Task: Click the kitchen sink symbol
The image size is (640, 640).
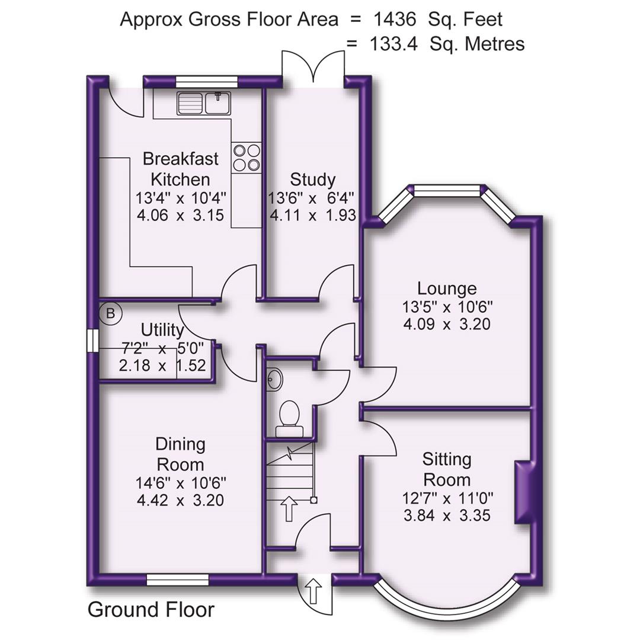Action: (203, 103)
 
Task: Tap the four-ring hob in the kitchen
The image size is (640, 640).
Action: (246, 158)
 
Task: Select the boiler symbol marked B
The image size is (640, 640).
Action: (110, 313)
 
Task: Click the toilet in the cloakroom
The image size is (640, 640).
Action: (290, 412)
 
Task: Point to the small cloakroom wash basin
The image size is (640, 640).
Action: (273, 379)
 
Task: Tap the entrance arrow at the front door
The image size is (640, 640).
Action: (313, 590)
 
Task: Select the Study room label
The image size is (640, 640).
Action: (312, 179)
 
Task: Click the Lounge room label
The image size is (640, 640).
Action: (447, 289)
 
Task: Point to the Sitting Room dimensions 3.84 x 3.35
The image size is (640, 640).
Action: (447, 516)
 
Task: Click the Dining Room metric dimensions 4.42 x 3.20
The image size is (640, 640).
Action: (180, 500)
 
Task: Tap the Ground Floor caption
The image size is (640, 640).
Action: (151, 609)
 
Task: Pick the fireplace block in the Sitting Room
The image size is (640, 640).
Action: (524, 492)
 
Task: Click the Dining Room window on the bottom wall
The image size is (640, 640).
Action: (178, 579)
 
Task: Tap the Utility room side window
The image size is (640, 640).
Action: (91, 342)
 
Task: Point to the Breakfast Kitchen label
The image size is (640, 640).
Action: (180, 169)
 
